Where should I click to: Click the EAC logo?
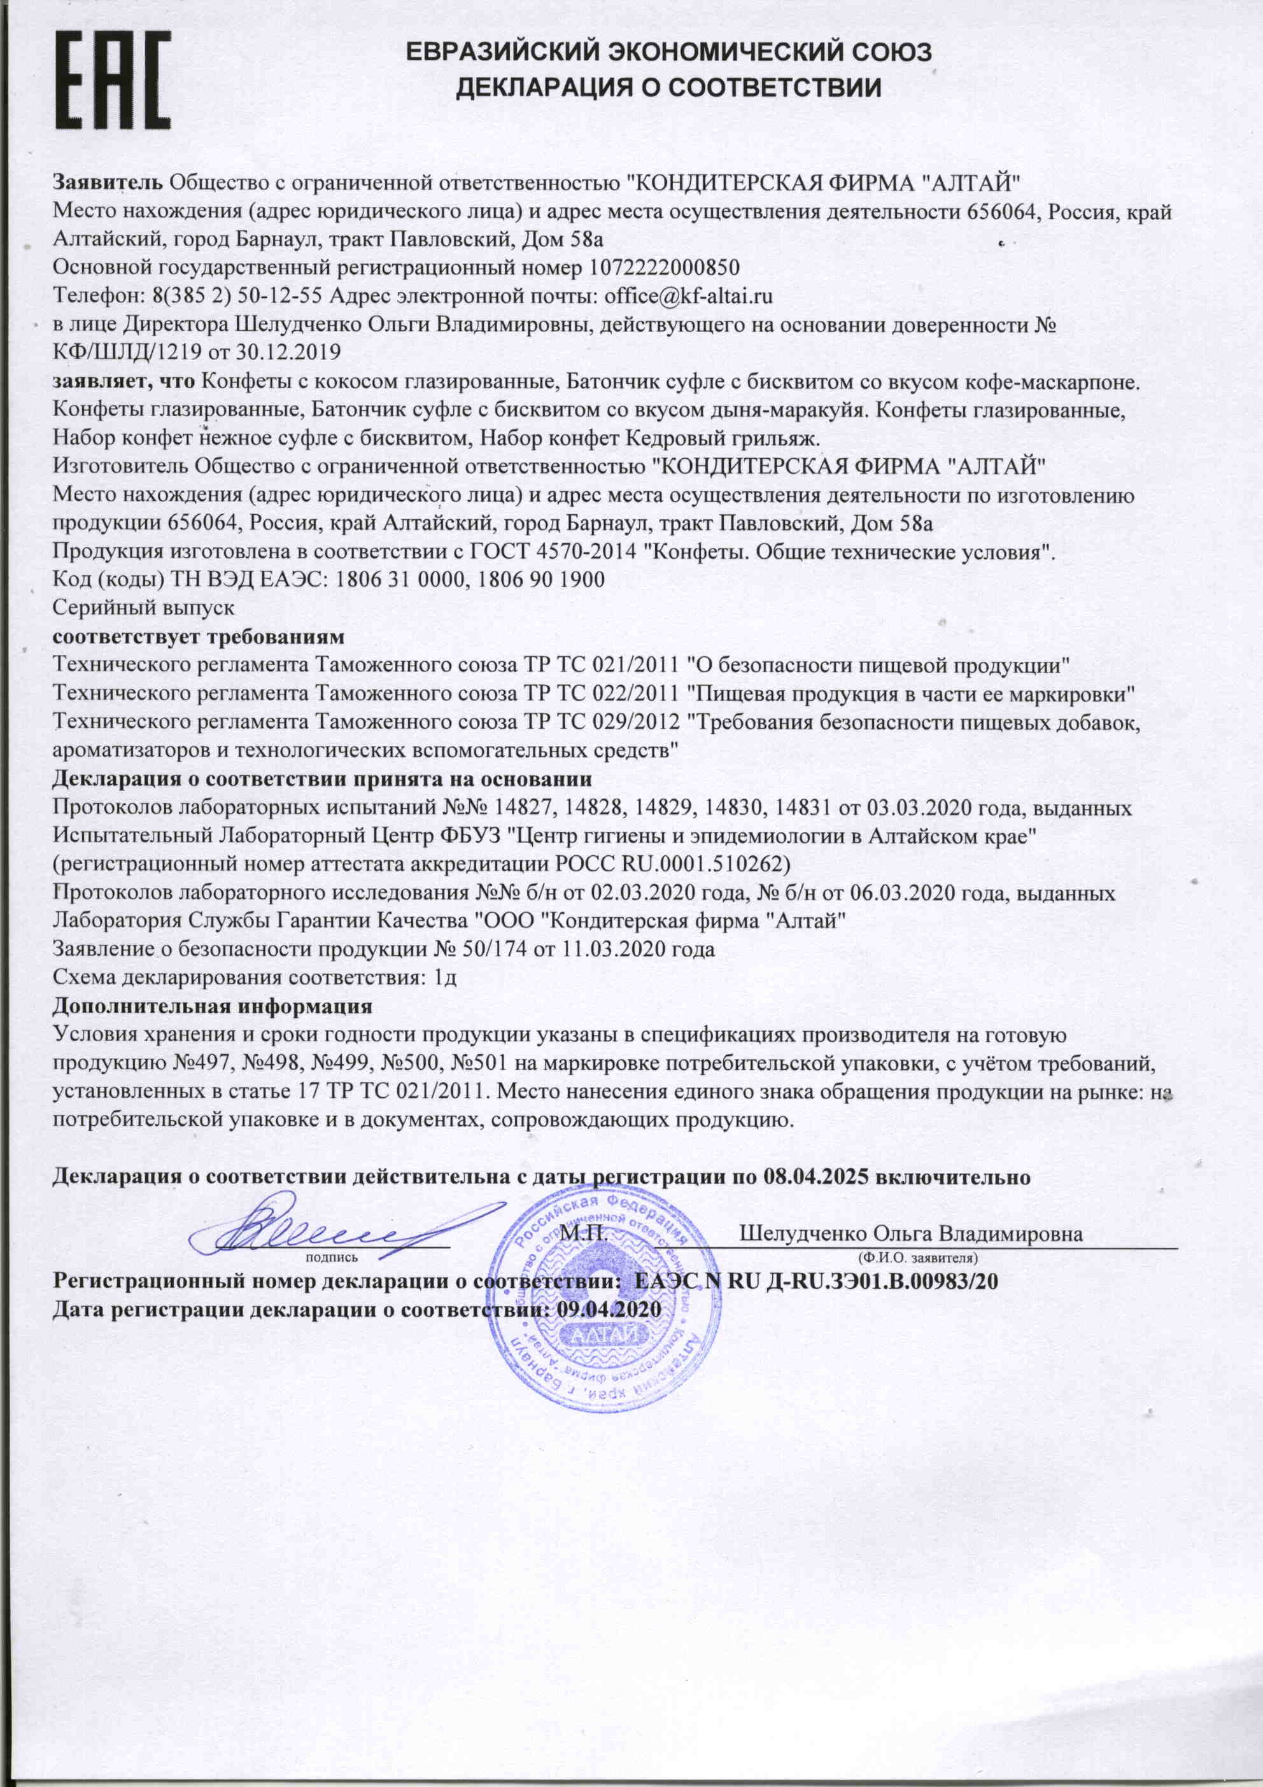pos(113,80)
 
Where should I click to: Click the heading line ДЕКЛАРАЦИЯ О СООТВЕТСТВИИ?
pos(668,87)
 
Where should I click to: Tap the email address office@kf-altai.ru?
pos(688,296)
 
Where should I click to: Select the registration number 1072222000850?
pos(664,268)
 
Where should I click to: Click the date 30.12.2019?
pos(288,353)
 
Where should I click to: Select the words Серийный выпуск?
pos(143,608)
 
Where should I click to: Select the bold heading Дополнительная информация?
pos(212,1006)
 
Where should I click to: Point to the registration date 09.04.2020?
pos(609,1309)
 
